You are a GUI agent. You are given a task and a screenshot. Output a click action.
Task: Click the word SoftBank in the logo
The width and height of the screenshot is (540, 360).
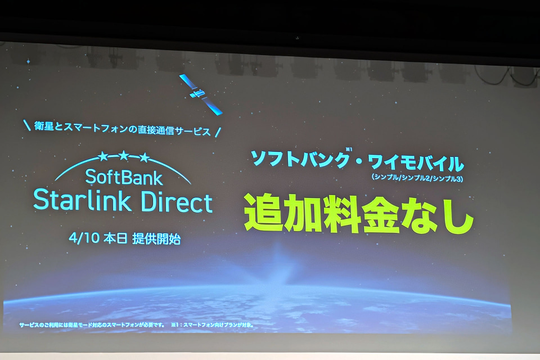tap(124, 177)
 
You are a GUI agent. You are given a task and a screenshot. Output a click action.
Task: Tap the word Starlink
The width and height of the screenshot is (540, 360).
tap(82, 200)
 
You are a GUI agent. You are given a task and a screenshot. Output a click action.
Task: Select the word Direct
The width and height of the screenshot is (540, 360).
tap(177, 201)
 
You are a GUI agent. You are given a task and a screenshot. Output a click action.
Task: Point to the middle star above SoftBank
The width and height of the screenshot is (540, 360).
tap(123, 156)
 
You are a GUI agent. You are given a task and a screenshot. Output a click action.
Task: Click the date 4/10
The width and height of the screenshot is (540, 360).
tap(84, 238)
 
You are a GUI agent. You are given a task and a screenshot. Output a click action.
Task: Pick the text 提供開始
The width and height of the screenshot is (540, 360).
tap(157, 238)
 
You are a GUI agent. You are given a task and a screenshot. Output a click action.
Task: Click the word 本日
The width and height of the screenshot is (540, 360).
tap(115, 238)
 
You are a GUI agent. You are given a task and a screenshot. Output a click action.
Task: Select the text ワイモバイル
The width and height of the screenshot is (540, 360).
tap(416, 163)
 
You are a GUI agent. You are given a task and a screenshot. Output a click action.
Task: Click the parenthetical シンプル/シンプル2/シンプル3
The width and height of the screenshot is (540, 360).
tap(417, 178)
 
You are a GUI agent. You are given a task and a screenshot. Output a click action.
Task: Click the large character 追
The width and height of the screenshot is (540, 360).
tap(264, 212)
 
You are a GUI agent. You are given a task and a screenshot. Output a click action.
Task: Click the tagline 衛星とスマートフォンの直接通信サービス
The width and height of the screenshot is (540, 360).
tap(122, 129)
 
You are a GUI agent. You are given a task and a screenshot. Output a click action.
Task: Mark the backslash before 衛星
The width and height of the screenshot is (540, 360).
tap(27, 125)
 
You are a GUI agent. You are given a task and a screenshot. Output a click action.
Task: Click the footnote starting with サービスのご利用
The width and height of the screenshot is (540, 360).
tap(92, 325)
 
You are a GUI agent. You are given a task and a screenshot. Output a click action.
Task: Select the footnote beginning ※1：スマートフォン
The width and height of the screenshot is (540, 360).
tap(213, 325)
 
